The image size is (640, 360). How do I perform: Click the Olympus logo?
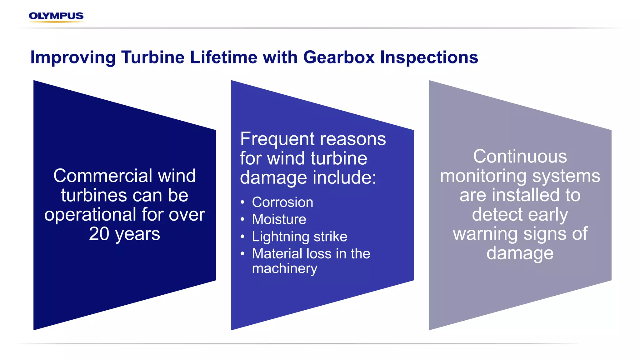point(56,16)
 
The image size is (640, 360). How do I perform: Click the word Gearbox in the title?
point(339,57)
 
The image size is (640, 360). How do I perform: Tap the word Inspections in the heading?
point(429,57)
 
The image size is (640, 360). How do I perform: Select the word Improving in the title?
point(73,57)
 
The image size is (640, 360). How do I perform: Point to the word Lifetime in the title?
point(223,57)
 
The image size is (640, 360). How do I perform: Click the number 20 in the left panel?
point(99,234)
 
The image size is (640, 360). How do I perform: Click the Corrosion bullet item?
point(282,202)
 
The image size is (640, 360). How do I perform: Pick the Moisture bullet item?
point(279,219)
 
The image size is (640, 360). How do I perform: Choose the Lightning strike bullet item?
point(299,237)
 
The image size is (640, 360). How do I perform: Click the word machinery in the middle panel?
point(284,268)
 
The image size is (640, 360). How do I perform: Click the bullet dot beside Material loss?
point(242,254)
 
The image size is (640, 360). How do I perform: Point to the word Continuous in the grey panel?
point(520,156)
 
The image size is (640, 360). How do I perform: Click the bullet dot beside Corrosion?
point(242,202)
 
